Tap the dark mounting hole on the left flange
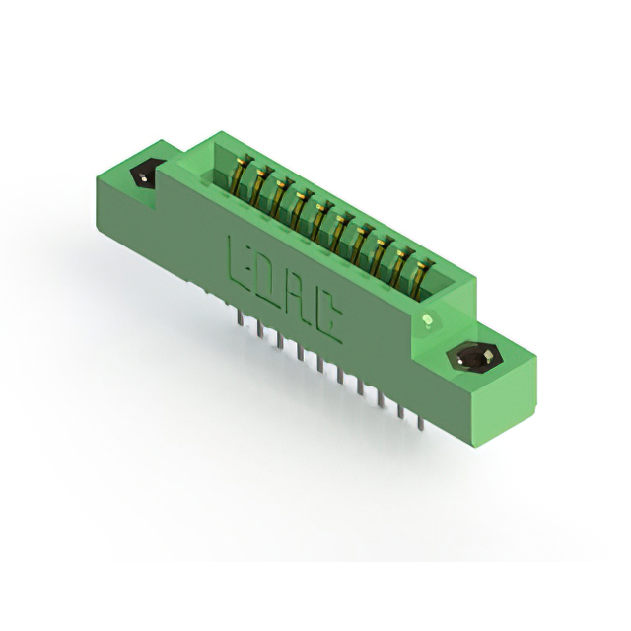(145, 174)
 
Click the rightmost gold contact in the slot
(420, 280)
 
